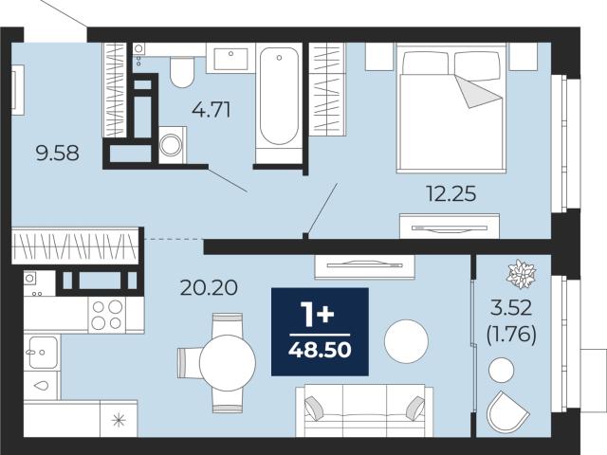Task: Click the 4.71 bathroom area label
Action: point(212,110)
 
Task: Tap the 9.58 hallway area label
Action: point(57,154)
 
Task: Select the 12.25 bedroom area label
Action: point(451,193)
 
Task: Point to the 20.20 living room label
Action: point(209,288)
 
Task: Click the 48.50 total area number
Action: point(320,351)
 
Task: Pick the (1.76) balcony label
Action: point(511,335)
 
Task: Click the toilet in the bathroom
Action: point(182,72)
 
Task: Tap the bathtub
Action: point(279,96)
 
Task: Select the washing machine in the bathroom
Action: point(172,145)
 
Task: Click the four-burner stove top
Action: point(107,314)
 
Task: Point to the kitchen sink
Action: point(42,352)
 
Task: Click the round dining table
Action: point(228,363)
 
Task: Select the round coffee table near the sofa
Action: point(406,341)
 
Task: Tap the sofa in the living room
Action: point(364,410)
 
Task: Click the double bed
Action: point(451,108)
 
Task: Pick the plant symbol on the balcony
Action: point(521,274)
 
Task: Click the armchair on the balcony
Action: point(507,412)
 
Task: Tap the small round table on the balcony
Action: point(502,370)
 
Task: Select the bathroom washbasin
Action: point(230,58)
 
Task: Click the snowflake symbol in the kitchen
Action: point(119,420)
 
